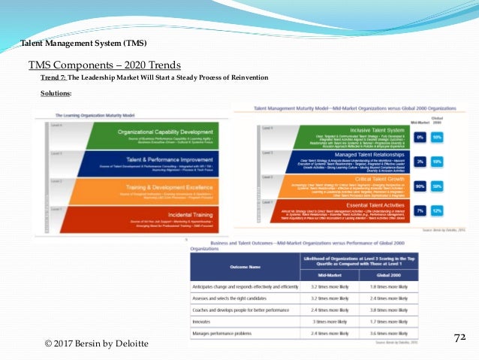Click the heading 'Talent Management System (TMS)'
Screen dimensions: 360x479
[83, 43]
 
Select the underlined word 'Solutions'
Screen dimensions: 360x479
[56, 93]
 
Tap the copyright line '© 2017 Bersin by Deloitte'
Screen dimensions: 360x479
[96, 343]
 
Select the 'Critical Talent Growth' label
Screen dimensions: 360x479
[369, 178]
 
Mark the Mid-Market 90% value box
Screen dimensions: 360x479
[420, 186]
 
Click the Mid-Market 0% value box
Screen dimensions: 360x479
[420, 138]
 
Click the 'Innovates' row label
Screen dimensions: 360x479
[210, 320]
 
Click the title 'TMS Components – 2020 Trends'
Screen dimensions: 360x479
[104, 65]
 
